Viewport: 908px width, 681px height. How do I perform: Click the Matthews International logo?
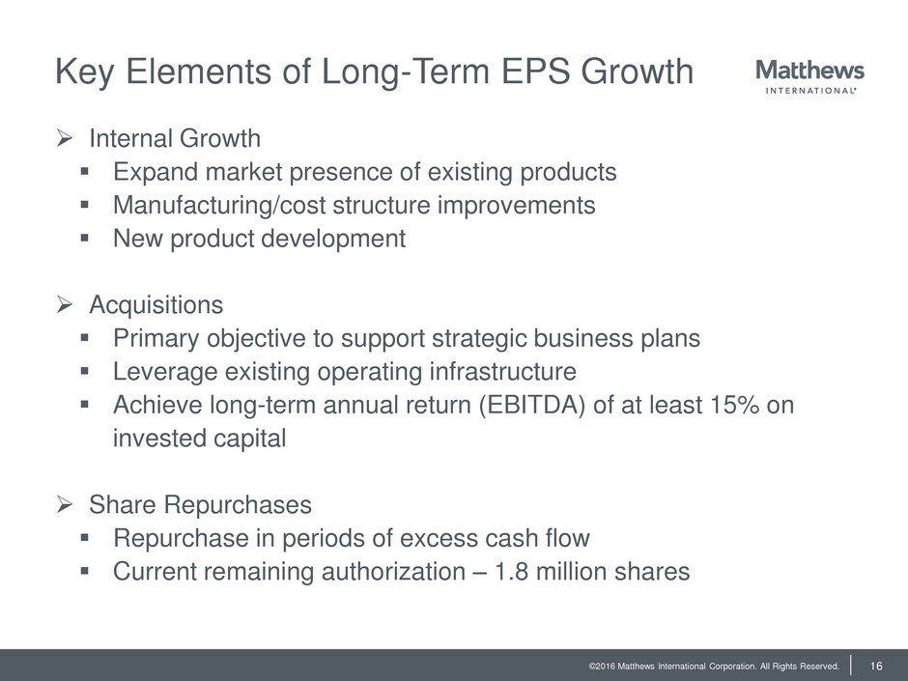[809, 76]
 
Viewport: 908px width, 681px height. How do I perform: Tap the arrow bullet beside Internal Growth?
[65, 138]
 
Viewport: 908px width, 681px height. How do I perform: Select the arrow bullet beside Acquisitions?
[65, 304]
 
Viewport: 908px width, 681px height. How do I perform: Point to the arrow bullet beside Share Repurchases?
[65, 504]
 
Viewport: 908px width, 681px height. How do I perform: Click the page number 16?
[875, 666]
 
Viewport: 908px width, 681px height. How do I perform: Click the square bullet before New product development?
[85, 238]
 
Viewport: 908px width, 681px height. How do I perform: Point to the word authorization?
[393, 572]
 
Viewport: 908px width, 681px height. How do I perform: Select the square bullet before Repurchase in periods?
[85, 537]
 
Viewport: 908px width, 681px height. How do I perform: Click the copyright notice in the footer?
[714, 667]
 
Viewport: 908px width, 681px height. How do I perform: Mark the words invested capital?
[199, 439]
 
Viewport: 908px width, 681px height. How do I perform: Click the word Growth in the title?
[637, 71]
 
